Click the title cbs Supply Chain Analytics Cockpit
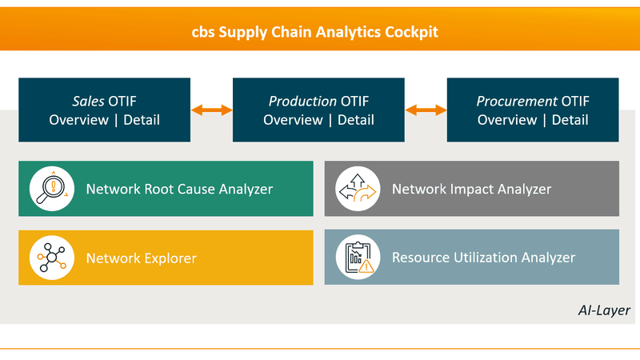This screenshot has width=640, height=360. [x=319, y=33]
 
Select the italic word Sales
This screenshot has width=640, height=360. [x=68, y=102]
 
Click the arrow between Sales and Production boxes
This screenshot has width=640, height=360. [x=211, y=110]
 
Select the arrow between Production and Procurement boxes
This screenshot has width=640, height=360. [x=426, y=110]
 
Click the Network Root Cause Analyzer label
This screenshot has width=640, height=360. [x=179, y=190]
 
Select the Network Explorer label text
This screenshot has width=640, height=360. [x=141, y=258]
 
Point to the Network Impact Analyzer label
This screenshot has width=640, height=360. [x=471, y=190]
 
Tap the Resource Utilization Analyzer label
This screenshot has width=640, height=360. [x=483, y=258]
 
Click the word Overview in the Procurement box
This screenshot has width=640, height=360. [x=507, y=120]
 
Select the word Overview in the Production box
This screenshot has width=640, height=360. [x=293, y=120]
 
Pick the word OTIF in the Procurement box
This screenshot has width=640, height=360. [x=574, y=102]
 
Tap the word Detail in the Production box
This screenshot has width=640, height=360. [x=355, y=120]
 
